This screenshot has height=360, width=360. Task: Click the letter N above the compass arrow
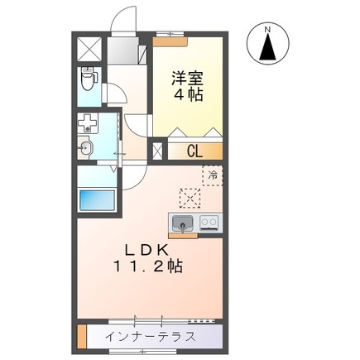pos(267,31)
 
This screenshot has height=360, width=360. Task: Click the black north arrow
pos(267,50)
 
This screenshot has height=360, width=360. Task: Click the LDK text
pos(148,249)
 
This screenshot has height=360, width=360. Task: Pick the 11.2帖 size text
pos(149,266)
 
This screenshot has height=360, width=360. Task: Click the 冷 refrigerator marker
pos(212,175)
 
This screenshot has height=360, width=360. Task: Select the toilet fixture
pos(89,81)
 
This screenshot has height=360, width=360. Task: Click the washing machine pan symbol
pos(88,125)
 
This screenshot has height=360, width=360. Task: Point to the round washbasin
pos(86,149)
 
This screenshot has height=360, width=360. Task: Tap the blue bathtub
pos(96,200)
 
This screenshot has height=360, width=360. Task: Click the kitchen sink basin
pos(182,222)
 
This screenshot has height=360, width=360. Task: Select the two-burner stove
pos(209,222)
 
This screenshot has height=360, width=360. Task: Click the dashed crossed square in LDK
pos(190,197)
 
